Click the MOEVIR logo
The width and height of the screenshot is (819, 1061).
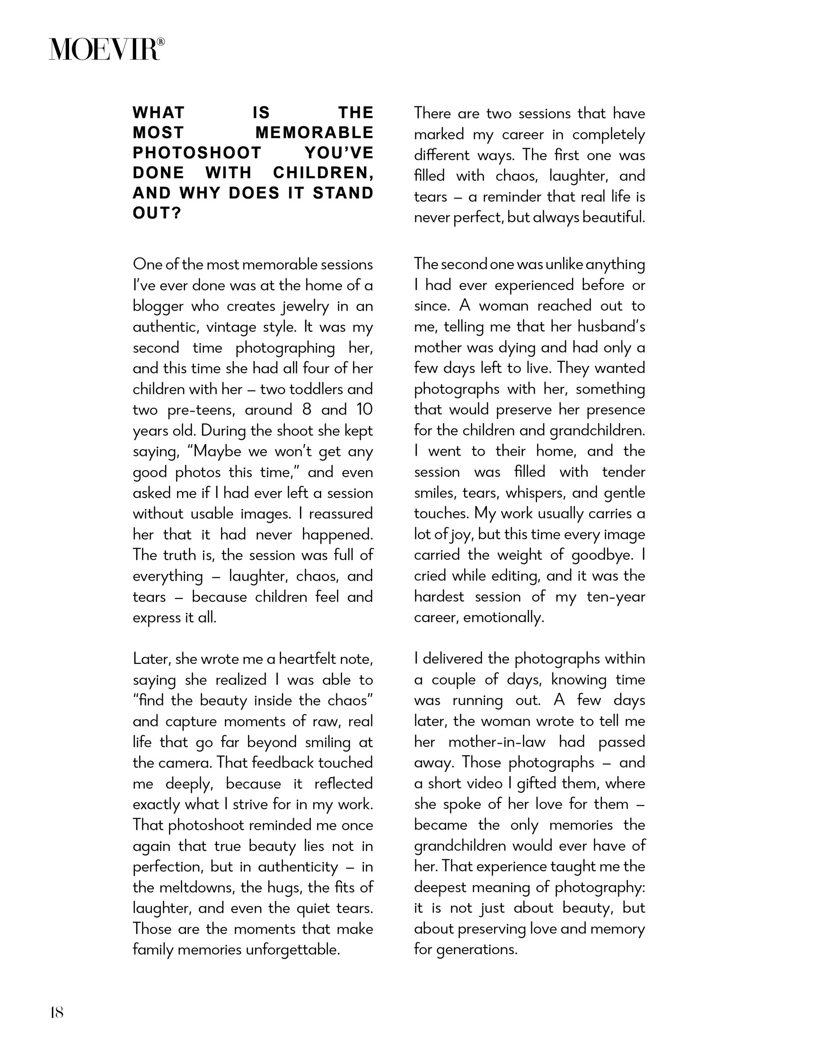coord(106,49)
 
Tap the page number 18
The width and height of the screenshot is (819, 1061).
coord(57,1012)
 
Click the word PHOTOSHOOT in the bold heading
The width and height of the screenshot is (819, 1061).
coord(197,152)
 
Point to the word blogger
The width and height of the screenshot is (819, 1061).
coord(158,307)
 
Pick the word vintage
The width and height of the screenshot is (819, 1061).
coord(231,327)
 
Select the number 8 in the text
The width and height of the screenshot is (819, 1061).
coord(306,410)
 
